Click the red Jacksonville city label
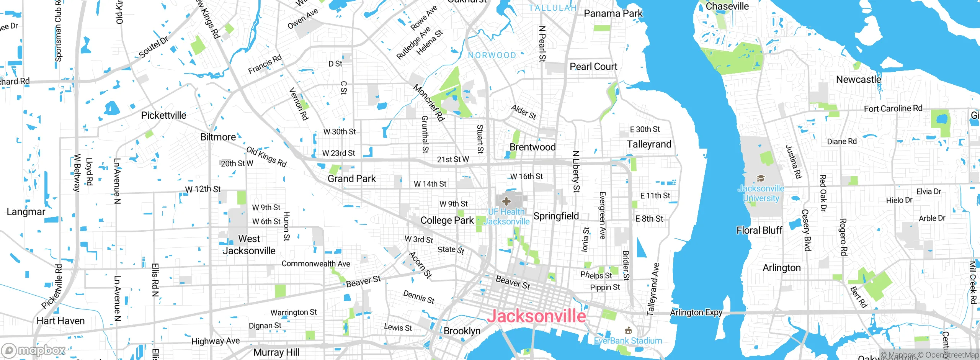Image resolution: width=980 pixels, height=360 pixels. tap(536, 316)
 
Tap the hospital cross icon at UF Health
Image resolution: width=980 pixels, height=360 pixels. tap(506, 201)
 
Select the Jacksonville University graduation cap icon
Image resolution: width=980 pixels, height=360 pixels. tap(761, 178)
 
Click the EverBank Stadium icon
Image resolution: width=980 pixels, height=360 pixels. tap(628, 330)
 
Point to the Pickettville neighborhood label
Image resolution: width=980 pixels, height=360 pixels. tap(163, 115)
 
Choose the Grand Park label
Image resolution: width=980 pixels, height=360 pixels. tap(351, 178)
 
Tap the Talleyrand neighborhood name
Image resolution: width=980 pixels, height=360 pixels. tap(649, 144)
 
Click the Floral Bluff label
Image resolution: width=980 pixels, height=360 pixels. tap(759, 230)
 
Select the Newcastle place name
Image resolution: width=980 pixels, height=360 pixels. tap(858, 80)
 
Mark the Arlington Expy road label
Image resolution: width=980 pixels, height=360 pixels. tap(696, 313)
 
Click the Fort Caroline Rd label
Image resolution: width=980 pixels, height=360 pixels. tap(893, 109)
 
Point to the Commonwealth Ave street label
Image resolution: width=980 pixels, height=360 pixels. tap(316, 263)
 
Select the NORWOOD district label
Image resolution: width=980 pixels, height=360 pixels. tap(492, 56)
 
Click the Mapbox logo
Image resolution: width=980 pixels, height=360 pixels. tap(34, 350)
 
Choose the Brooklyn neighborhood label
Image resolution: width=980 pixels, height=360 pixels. tap(462, 331)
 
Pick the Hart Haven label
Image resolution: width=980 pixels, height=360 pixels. tap(60, 321)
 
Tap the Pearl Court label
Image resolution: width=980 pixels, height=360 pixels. tap(593, 67)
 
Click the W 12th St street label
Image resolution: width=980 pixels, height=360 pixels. tap(203, 189)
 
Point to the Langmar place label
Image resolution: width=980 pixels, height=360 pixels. tap(26, 212)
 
